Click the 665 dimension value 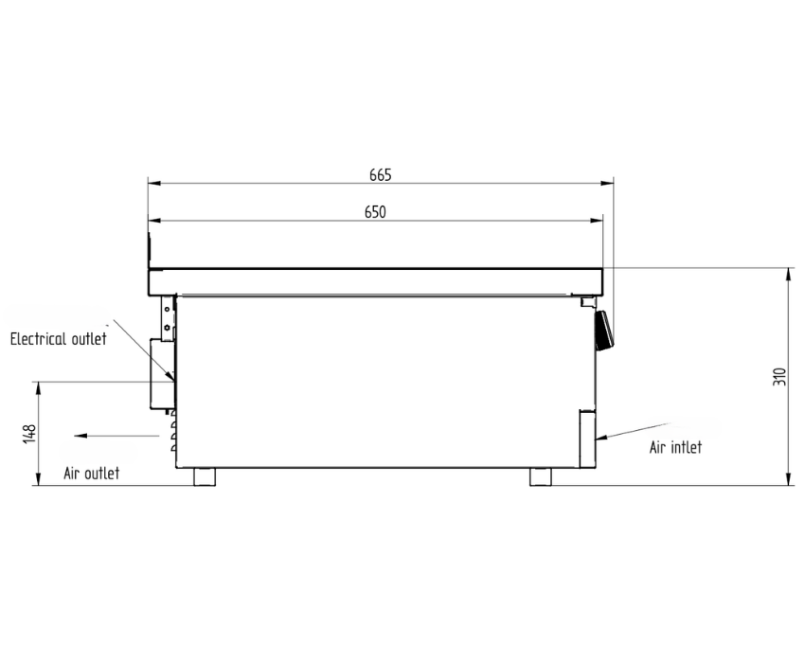click(381, 175)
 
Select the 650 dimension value click(375, 212)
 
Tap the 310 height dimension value click(779, 377)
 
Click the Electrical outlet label click(59, 339)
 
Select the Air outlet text click(91, 473)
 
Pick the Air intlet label click(675, 447)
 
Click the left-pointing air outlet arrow click(117, 436)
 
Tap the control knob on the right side click(605, 331)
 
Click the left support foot click(205, 476)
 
